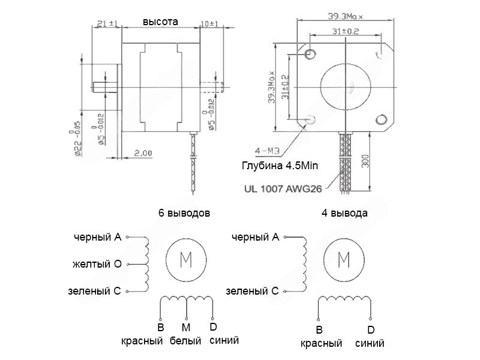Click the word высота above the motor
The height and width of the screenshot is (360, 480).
coord(160,22)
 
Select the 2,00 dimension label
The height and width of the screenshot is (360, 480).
coord(143,153)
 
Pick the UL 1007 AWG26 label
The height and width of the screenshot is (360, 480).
coord(284,187)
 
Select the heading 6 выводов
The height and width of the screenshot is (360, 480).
coord(184,213)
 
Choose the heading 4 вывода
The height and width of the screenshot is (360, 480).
coord(345,213)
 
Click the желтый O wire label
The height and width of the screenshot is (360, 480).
coord(97,264)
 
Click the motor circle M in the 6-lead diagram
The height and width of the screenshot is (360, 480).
coord(186,260)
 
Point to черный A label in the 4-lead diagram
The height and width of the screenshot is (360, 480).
coord(255,238)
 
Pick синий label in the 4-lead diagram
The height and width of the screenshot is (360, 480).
coord(370,344)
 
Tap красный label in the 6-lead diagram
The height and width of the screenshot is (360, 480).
coord(142,341)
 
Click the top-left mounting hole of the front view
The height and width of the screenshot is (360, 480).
coord(311,56)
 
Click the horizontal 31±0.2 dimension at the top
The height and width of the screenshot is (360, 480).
coord(345,30)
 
